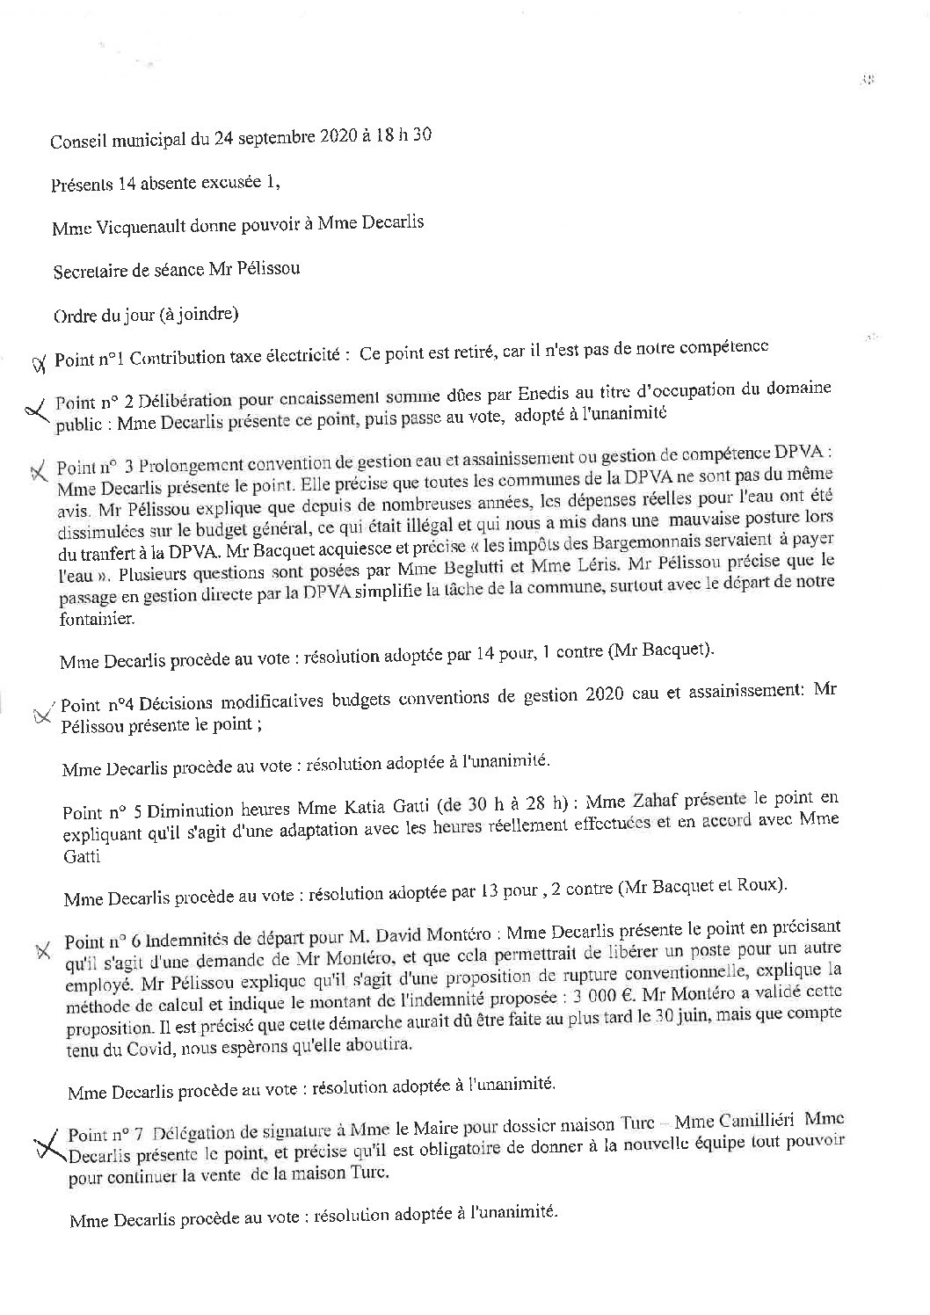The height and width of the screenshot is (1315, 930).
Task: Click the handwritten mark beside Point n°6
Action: tap(42, 952)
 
